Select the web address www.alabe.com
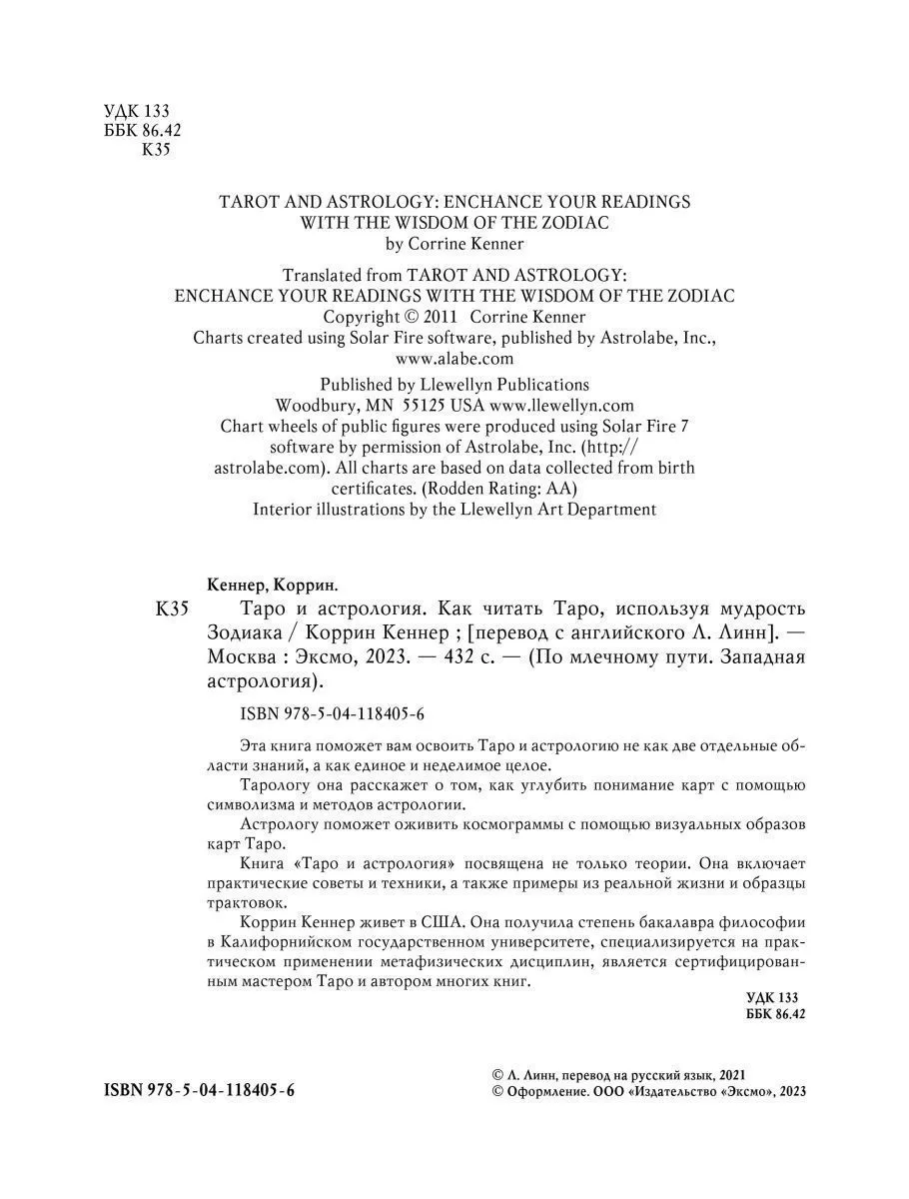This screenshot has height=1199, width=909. [454, 358]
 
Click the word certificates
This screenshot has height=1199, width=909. [375, 489]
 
